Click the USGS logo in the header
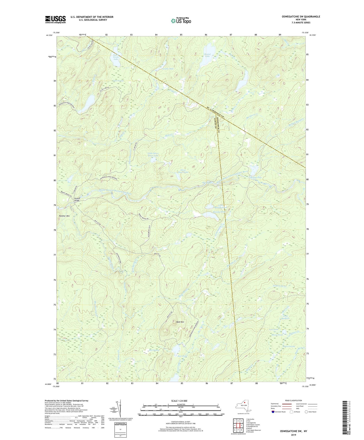[x=55, y=19]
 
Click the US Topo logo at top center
[x=181, y=21]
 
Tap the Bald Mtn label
[x=180, y=322]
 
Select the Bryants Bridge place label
[x=77, y=199]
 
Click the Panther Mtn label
[x=64, y=216]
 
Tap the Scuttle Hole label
[x=168, y=69]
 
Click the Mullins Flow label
[x=256, y=178]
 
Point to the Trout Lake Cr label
[x=280, y=286]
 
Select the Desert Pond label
[x=277, y=335]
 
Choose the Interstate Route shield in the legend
[x=273, y=412]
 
